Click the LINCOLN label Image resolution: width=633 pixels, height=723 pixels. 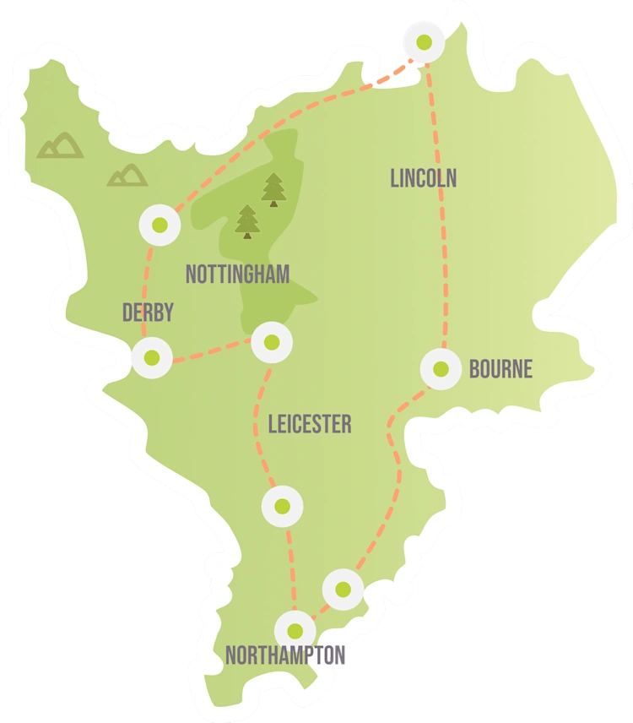pos(424,178)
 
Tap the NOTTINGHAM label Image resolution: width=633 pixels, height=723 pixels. pos(237,275)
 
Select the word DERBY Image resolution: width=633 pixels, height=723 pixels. pos(148,313)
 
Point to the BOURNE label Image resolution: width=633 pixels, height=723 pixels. pos(501,369)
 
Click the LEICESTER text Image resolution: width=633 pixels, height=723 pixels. pos(310,424)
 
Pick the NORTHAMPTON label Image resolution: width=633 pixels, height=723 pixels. pos(285,655)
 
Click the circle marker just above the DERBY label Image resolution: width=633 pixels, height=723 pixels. pos(160,225)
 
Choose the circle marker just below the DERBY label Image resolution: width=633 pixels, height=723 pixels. pos(152,357)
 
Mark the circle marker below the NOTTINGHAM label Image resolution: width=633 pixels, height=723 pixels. pos(272,342)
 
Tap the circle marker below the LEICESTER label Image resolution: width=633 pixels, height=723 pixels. pos(282,506)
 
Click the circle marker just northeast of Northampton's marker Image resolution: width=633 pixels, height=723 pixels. pos(343,589)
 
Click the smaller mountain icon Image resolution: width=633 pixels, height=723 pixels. pos(127,175)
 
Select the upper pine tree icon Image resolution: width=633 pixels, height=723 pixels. pos(273,190)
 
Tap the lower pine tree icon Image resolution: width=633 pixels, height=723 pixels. pos(247,222)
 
